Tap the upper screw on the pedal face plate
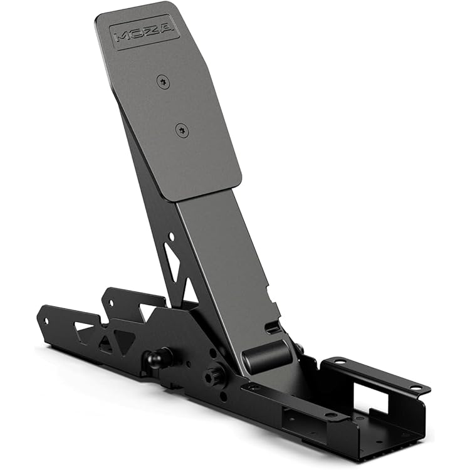point(164,81)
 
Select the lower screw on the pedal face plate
point(182,130)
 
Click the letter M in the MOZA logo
point(123,38)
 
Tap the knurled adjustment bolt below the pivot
point(214,377)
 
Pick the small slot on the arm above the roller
point(272,327)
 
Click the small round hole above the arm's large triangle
point(170,236)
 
